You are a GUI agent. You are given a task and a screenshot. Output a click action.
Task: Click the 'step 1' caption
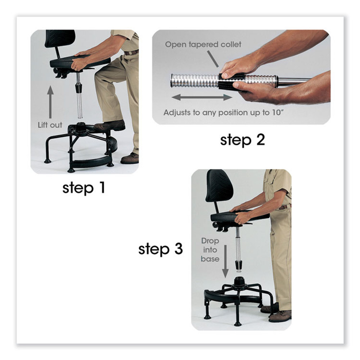click(84, 188)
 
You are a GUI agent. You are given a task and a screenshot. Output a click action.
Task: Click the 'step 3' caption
click(161, 249)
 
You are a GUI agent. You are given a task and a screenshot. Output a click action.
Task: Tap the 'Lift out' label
click(50, 125)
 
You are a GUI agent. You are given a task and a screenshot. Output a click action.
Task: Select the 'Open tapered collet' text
click(203, 45)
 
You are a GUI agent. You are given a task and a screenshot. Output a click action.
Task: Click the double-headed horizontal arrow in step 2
click(202, 97)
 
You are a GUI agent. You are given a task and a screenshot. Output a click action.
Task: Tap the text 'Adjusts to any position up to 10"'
click(222, 112)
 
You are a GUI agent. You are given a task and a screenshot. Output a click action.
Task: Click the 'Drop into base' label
click(210, 249)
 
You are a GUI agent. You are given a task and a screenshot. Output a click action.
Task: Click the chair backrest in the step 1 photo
click(60, 39)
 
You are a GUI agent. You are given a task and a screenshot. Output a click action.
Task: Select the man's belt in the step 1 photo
click(131, 53)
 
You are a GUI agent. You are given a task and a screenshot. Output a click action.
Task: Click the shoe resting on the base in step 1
click(110, 126)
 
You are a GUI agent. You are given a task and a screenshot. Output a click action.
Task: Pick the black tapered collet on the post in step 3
click(238, 266)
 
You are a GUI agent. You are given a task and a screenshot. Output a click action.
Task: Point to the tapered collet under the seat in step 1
click(78, 88)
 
